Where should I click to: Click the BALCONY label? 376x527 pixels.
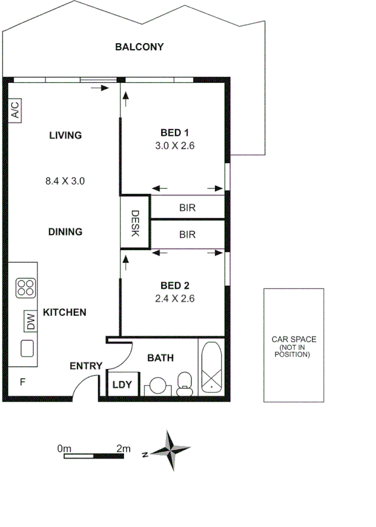click(139, 47)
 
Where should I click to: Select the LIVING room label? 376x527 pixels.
click(66, 135)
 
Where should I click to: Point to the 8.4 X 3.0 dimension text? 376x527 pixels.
click(65, 181)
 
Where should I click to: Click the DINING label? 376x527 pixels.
click(65, 232)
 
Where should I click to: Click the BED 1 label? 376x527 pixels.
click(174, 133)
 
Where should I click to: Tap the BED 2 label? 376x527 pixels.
click(174, 285)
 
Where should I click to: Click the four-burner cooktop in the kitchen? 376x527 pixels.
click(26, 288)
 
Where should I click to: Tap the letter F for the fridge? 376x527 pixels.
click(23, 382)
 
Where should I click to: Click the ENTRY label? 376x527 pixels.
click(85, 366)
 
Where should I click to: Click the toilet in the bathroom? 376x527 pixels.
click(185, 384)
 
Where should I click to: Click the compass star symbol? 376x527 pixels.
click(171, 451)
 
